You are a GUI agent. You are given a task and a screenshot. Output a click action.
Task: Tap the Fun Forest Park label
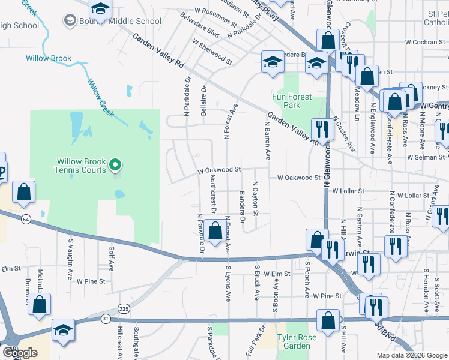pos(292,101)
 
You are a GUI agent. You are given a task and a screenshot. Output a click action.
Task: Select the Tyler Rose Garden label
pos(294,341)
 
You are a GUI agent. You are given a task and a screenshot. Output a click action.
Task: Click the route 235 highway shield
pos(124,308)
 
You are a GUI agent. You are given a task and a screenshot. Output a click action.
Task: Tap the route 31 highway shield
pos(106,319)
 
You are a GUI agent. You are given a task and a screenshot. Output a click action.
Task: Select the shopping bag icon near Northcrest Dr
pos(215,230)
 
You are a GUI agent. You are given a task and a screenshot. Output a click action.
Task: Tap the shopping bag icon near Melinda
pos(40,304)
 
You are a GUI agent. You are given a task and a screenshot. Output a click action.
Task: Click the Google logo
pos(20,353)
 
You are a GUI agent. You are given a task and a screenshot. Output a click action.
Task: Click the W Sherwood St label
pos(212,52)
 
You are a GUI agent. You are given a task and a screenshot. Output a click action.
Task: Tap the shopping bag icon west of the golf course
pos(23,192)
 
